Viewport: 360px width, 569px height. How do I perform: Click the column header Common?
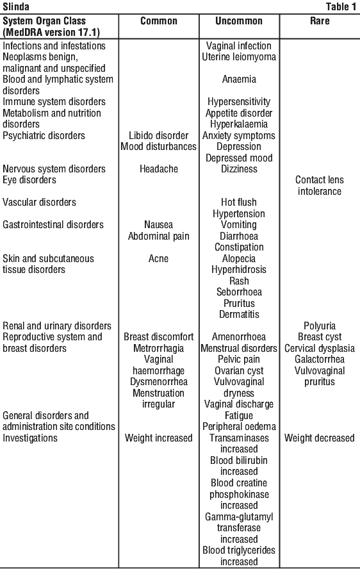[x=159, y=21]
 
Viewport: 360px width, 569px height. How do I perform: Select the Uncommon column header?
[x=239, y=21]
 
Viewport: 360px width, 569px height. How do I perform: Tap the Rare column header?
[x=320, y=21]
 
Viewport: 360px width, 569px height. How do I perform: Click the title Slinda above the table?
[x=16, y=6]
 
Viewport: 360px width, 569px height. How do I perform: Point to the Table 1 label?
[x=341, y=6]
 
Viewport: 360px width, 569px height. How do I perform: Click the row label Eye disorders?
[x=29, y=180]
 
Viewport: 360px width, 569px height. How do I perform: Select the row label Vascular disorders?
[x=39, y=202]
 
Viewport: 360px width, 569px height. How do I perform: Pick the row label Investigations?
[x=29, y=438]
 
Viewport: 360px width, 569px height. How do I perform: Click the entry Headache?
[x=159, y=169]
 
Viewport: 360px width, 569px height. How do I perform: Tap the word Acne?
[x=159, y=258]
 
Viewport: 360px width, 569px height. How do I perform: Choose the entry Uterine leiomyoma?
[x=239, y=57]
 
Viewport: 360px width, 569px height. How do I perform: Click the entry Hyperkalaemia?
[x=239, y=124]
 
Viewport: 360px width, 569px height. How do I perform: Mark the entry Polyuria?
[x=320, y=326]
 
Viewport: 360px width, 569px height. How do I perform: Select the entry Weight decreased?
[x=320, y=438]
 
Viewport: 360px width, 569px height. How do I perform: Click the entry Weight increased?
[x=159, y=438]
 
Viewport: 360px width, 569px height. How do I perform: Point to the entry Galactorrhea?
[x=320, y=359]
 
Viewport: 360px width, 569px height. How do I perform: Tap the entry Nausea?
[x=159, y=225]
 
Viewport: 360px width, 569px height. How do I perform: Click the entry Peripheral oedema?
[x=239, y=427]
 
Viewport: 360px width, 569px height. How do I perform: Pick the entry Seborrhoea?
[x=239, y=292]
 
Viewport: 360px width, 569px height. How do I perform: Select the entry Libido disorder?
[x=159, y=135]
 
